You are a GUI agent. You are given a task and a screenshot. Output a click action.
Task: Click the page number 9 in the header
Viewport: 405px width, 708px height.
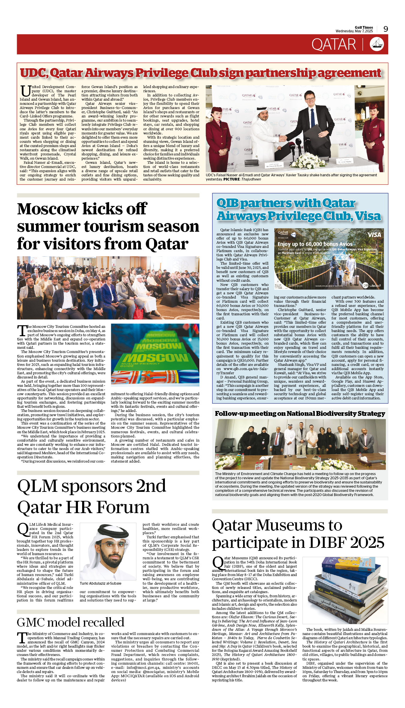coord(386,29)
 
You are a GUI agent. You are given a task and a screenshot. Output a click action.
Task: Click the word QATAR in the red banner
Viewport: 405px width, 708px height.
coord(333,45)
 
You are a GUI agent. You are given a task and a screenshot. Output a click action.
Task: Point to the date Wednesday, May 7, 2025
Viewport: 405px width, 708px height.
coord(354,31)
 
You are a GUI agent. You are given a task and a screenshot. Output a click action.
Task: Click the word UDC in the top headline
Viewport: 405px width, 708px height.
coord(33,73)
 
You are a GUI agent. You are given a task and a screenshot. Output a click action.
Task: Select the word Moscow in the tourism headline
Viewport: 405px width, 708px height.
coord(48,209)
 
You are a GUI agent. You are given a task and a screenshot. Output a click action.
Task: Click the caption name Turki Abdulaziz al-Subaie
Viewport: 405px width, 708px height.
coord(100,583)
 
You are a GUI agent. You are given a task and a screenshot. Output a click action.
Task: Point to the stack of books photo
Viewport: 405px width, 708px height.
coord(345,590)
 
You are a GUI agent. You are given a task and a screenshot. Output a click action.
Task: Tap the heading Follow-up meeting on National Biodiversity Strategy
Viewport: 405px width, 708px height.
coord(300,413)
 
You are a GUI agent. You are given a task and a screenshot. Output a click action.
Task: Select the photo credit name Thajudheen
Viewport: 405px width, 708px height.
coord(251,179)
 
